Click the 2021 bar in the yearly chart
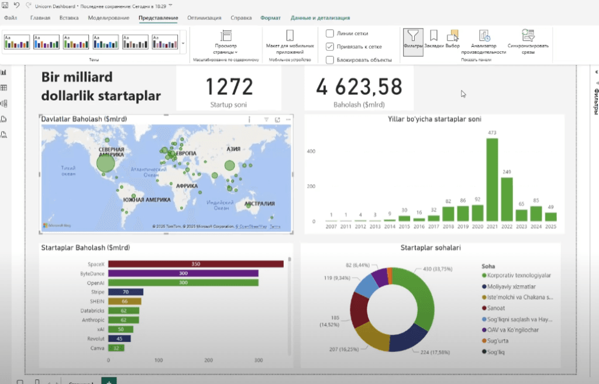tap(492, 180)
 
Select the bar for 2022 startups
tap(507, 199)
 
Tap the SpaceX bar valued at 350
tap(195, 264)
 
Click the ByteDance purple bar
tap(183, 274)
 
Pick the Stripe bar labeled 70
tap(126, 292)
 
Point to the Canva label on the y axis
tap(97, 348)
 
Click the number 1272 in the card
tap(229, 87)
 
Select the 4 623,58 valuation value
tap(359, 87)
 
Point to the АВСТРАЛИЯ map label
tap(260, 204)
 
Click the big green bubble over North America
tap(106, 164)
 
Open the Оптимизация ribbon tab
tap(205, 18)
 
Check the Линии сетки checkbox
tap(331, 33)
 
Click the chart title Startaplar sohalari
tap(430, 248)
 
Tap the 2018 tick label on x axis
tap(448, 227)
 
